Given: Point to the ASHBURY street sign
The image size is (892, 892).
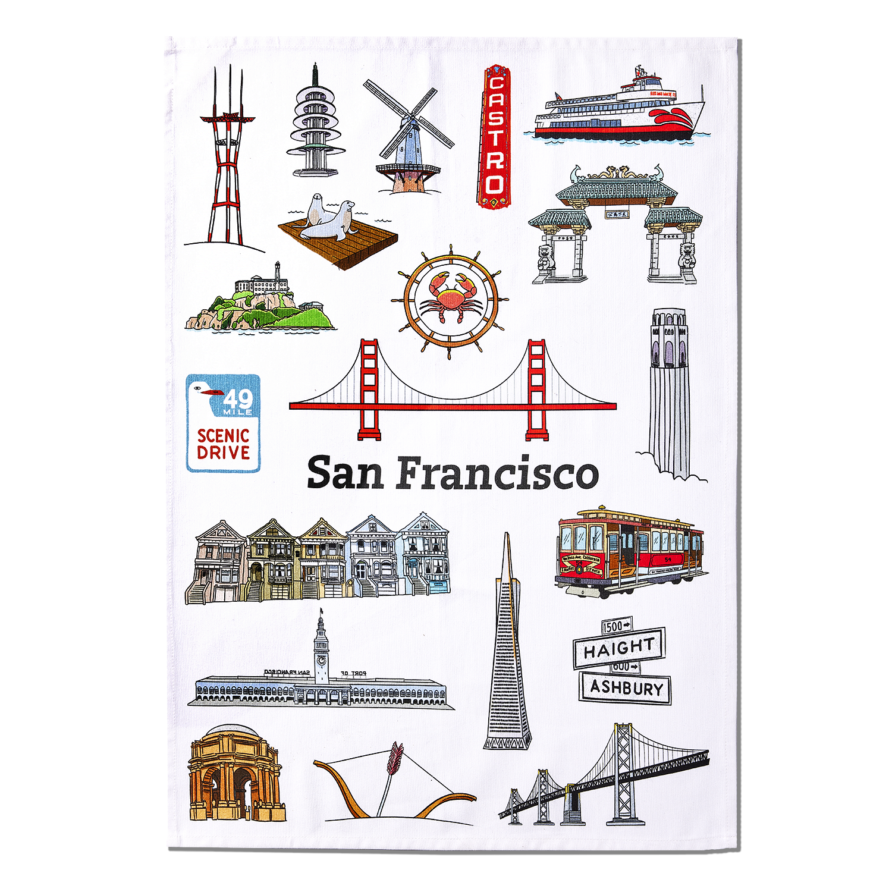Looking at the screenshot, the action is [626, 688].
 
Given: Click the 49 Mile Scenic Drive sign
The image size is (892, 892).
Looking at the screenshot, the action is [223, 423].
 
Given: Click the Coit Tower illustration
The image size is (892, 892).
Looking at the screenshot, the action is [670, 392].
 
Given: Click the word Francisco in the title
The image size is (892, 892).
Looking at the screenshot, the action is [497, 474].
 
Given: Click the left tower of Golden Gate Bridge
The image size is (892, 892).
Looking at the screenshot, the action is [369, 390].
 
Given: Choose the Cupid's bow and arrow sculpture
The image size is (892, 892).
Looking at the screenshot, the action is [392, 779].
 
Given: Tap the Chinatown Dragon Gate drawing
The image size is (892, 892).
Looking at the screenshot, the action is [615, 226].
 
